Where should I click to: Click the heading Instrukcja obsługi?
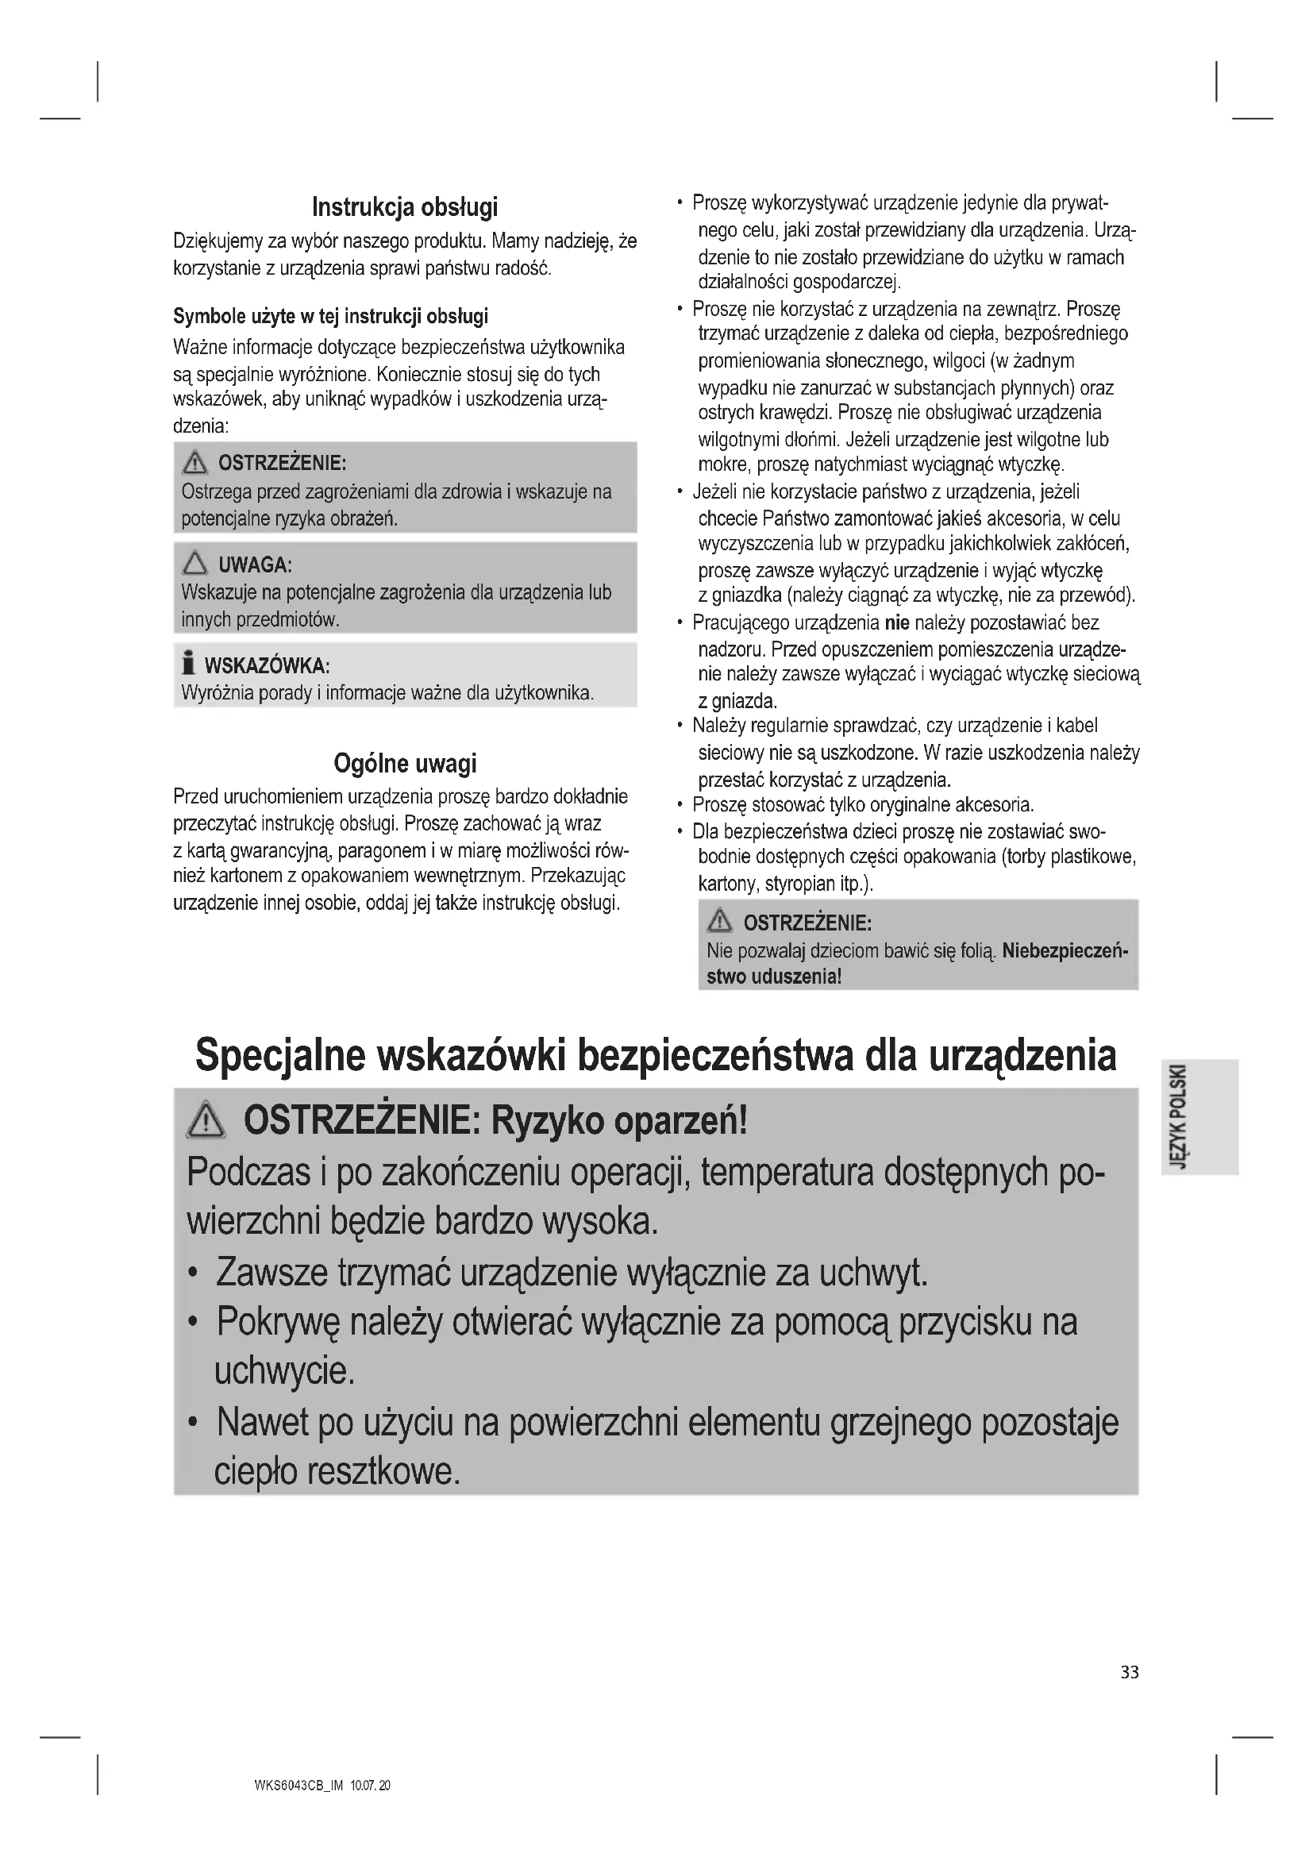[404, 207]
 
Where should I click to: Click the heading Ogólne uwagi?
[404, 763]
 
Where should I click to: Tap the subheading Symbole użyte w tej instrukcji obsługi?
[331, 315]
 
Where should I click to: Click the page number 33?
[1130, 1672]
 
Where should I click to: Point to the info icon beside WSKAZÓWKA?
[188, 662]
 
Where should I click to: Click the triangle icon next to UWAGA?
[194, 563]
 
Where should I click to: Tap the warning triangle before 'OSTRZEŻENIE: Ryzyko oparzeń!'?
[206, 1121]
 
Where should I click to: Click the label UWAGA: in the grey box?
[255, 564]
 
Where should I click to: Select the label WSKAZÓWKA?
[267, 665]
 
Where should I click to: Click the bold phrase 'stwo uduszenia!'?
[774, 977]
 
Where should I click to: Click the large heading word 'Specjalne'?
[279, 1056]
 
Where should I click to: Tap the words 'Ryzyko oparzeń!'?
[619, 1121]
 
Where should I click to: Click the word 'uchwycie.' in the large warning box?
[283, 1370]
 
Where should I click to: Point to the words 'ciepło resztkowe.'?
[337, 1470]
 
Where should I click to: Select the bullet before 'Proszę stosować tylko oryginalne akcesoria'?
[680, 806]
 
